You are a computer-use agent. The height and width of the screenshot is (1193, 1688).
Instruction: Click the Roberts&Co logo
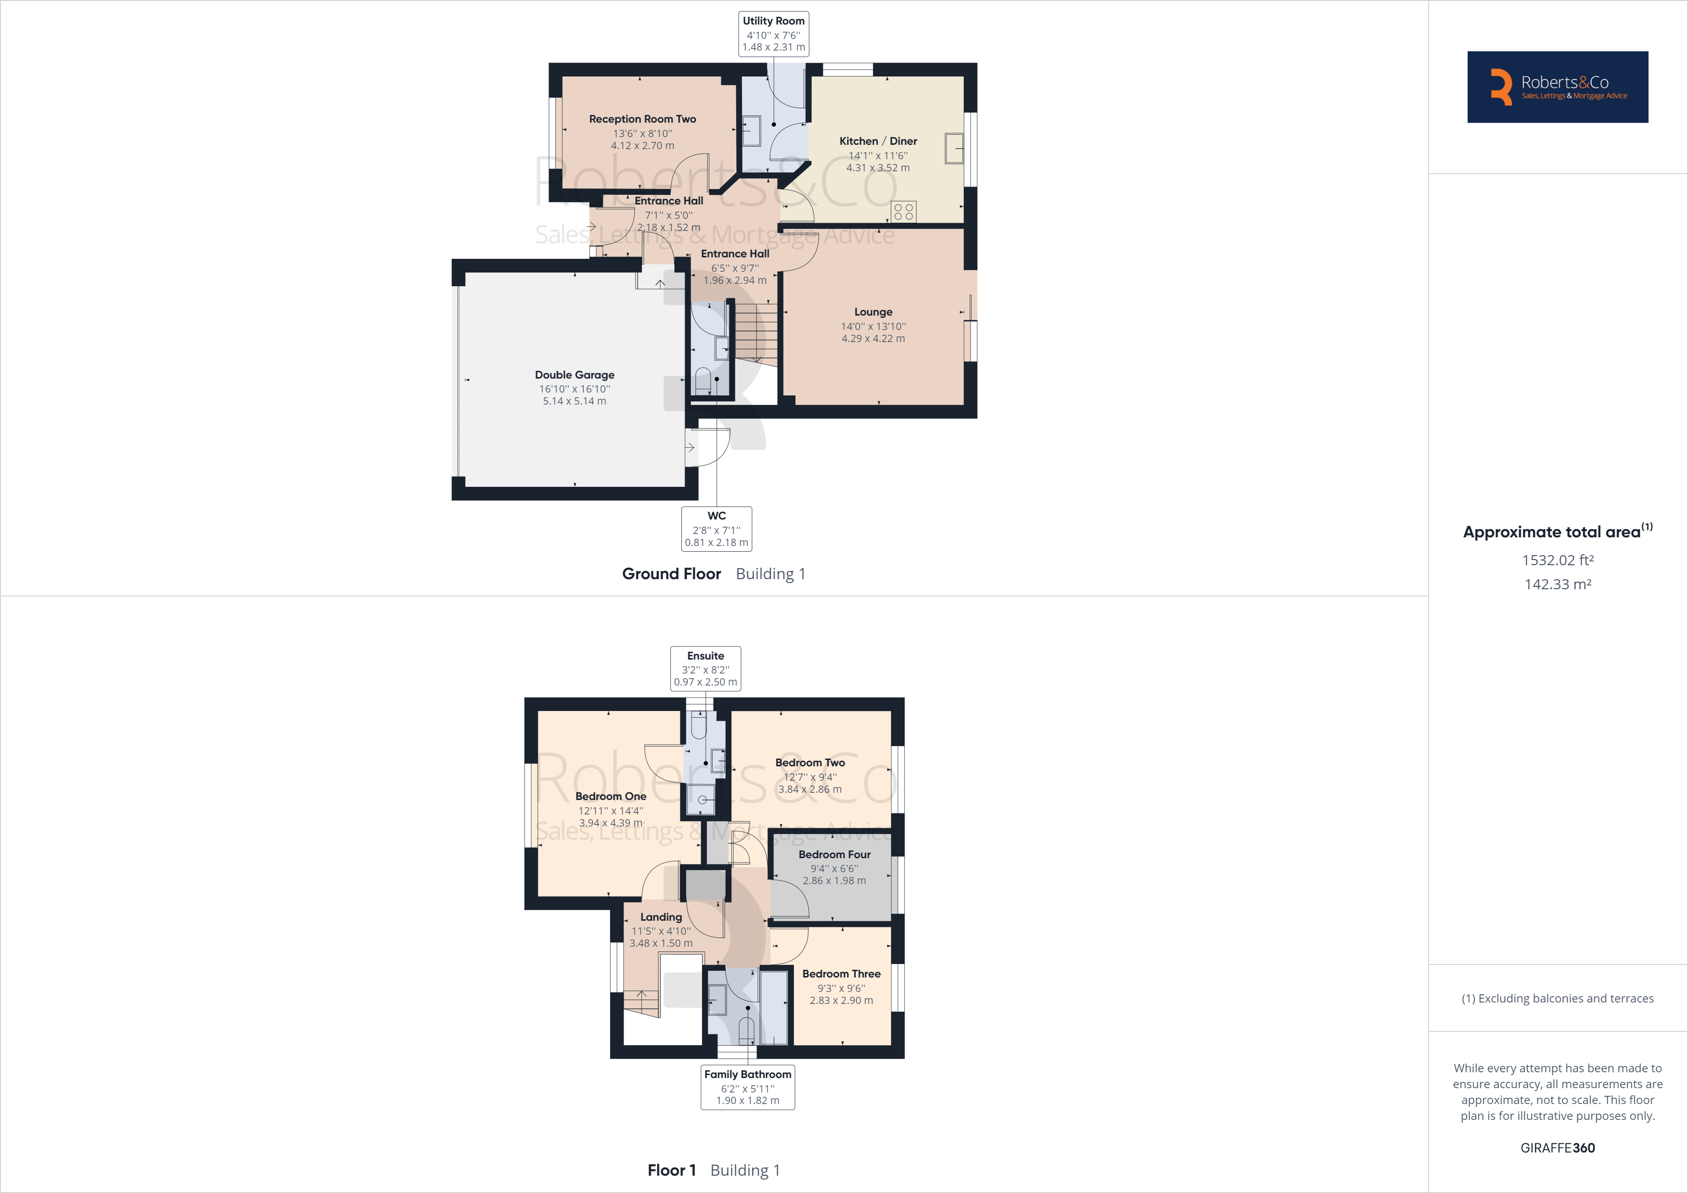pyautogui.click(x=1557, y=87)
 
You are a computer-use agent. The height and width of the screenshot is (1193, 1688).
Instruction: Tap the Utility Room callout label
pyautogui.click(x=773, y=33)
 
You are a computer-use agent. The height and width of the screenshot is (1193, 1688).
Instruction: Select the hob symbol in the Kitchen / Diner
pyautogui.click(x=904, y=212)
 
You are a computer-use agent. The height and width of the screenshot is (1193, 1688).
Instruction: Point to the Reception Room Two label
pyautogui.click(x=642, y=119)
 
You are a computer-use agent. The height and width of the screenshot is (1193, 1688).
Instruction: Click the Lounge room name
pyautogui.click(x=873, y=312)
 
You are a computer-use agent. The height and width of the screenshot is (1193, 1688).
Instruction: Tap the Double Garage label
pyautogui.click(x=574, y=375)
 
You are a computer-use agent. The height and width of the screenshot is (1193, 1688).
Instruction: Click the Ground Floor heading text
pyautogui.click(x=671, y=574)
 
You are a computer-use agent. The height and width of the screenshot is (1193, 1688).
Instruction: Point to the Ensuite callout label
pyautogui.click(x=705, y=668)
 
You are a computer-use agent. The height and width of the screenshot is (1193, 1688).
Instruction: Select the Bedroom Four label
pyautogui.click(x=834, y=854)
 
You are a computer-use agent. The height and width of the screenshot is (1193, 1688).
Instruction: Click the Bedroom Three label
pyautogui.click(x=841, y=974)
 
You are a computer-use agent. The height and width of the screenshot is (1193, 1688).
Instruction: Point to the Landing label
pyautogui.click(x=661, y=917)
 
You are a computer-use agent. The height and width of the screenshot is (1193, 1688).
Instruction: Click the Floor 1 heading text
pyautogui.click(x=671, y=1170)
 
